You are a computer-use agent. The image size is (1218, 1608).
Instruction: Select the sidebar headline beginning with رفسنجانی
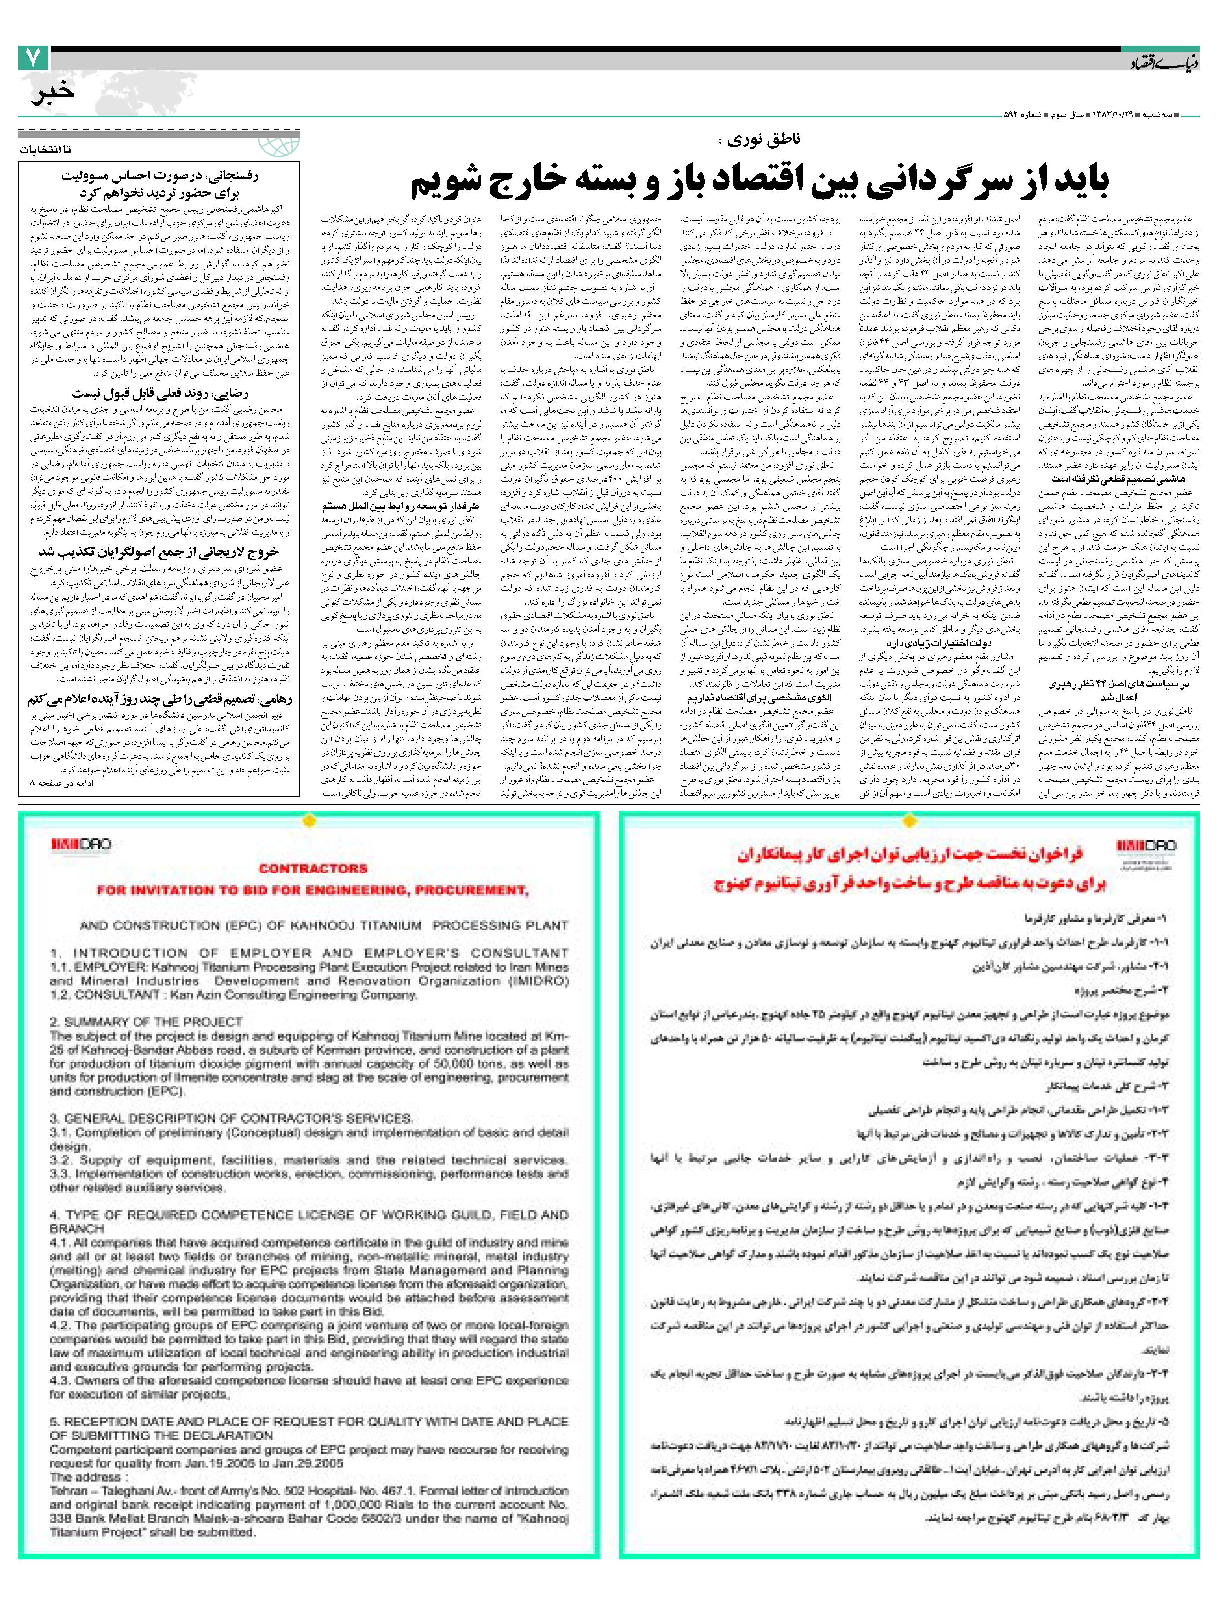160,184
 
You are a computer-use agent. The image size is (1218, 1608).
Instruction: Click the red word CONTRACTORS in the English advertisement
312,869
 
